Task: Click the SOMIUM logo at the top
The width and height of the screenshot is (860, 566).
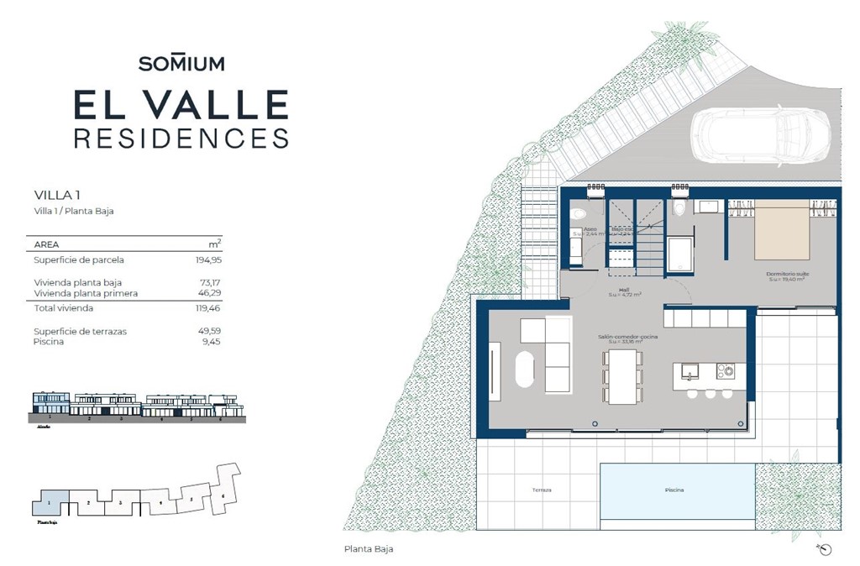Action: pos(181,63)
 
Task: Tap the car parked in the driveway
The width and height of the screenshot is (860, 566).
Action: pos(760,135)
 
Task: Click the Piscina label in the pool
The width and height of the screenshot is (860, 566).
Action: pos(674,490)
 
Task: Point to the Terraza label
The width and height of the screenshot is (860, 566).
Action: pos(541,490)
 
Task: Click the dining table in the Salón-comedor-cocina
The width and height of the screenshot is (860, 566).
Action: pos(622,375)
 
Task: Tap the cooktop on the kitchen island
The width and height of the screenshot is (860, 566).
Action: pos(724,370)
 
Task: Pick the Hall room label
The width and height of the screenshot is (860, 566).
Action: pos(625,289)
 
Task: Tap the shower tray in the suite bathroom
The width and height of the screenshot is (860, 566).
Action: pos(679,254)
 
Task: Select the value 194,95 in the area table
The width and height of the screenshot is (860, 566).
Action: pos(208,260)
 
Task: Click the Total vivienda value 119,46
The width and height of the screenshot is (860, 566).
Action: pos(208,309)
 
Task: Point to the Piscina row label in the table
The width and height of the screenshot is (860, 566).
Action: pos(48,342)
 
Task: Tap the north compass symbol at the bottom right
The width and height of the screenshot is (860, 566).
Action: pos(824,549)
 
